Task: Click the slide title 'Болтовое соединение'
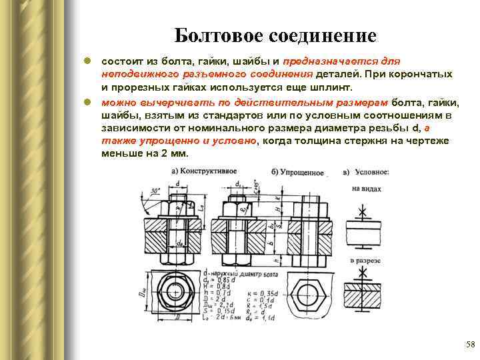(275, 35)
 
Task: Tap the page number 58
(469, 344)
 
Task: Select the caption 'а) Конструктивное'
(201, 171)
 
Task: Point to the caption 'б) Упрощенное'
(298, 172)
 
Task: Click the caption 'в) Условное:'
(367, 172)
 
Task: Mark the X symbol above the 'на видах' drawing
(363, 213)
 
